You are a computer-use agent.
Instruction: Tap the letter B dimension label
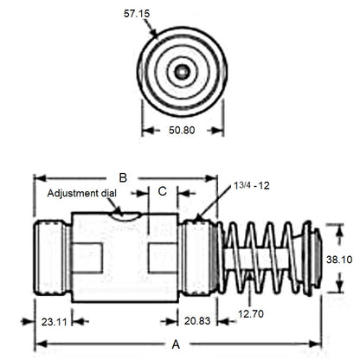coord(124,177)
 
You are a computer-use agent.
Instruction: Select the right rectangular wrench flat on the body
coord(164,257)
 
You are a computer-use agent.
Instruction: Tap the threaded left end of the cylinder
coord(52,257)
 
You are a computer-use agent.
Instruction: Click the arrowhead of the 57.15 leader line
coord(157,36)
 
